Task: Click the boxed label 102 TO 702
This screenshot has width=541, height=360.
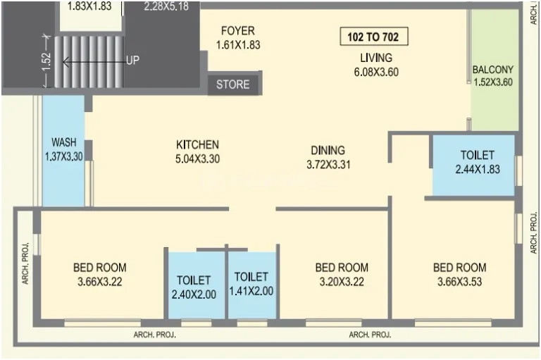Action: click(x=374, y=37)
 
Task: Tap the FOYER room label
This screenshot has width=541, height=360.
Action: click(x=238, y=31)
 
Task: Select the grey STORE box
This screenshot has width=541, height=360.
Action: click(x=233, y=85)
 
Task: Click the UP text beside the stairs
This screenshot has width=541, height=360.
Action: click(x=133, y=61)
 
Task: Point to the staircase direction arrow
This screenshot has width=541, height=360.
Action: click(x=94, y=62)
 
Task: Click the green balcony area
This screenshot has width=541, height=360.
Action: click(x=495, y=70)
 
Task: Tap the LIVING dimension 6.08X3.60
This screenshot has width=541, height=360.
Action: click(x=376, y=72)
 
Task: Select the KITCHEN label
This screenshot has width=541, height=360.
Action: click(x=197, y=144)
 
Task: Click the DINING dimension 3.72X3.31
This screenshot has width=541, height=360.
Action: click(x=328, y=164)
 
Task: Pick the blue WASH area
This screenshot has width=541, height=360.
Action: click(x=63, y=151)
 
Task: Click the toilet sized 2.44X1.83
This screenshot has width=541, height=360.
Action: click(x=473, y=165)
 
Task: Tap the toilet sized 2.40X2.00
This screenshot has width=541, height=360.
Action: click(x=196, y=285)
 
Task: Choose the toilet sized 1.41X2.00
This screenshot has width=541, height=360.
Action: click(x=252, y=285)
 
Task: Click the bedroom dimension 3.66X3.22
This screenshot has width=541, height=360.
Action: click(x=100, y=282)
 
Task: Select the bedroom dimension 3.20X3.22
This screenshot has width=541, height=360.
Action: click(x=342, y=282)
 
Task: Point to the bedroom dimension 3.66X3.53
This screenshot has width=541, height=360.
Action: click(x=459, y=282)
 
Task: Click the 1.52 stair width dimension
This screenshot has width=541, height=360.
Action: click(x=47, y=61)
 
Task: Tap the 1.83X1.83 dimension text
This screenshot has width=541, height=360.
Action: click(x=89, y=6)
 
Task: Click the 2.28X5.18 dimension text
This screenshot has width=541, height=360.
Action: click(x=166, y=6)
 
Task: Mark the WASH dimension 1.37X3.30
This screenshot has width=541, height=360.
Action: click(x=64, y=156)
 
